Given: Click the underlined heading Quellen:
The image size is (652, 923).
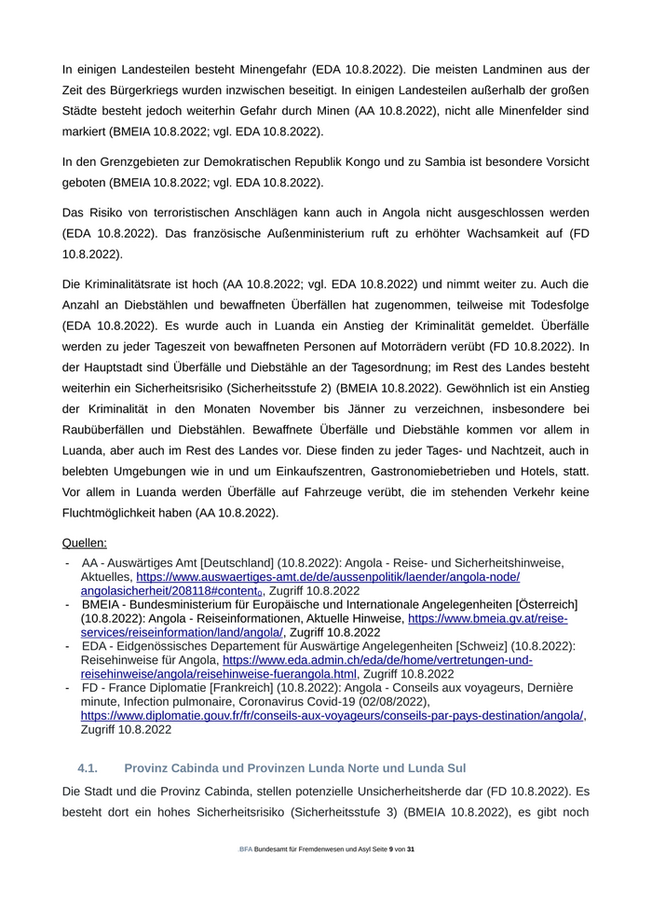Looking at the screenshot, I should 84,542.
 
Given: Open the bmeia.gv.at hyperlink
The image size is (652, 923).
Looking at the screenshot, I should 488,618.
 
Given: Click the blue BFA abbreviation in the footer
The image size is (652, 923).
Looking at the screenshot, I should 246,849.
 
